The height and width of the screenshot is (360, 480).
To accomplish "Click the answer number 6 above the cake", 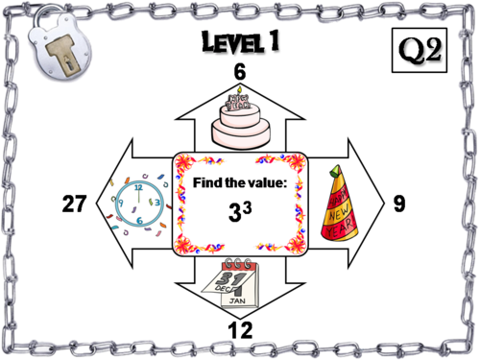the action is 240,72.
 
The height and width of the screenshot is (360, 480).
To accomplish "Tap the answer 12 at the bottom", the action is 240,330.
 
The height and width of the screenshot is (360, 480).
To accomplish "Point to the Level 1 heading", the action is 240,43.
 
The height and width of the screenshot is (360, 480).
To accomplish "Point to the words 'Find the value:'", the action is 239,183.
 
